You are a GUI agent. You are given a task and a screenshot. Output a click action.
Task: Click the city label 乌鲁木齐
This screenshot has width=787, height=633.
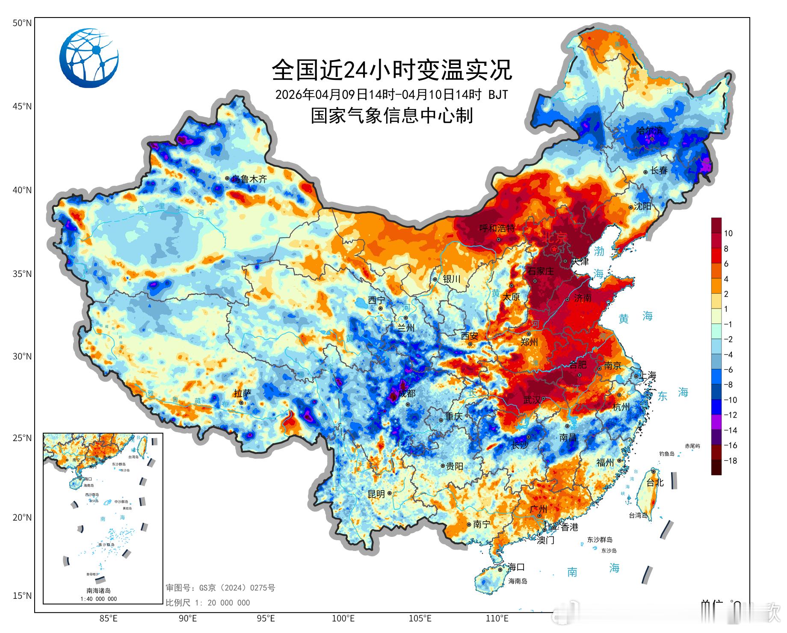tap(249, 179)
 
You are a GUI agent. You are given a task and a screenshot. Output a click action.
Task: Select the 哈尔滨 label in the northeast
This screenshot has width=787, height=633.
tap(649, 130)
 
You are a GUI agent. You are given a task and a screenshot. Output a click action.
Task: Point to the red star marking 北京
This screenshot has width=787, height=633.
tap(554, 249)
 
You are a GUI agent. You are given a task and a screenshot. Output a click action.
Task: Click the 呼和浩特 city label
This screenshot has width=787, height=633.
tap(497, 228)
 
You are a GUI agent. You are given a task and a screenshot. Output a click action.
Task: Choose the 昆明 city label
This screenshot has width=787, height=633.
tap(376, 494)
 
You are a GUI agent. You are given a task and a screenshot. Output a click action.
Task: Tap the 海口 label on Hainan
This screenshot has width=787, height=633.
tap(516, 567)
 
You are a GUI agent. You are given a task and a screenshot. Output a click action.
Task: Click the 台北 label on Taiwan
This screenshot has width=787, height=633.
tap(655, 483)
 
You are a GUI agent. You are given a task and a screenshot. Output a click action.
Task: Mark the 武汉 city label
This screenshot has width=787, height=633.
tap(532, 400)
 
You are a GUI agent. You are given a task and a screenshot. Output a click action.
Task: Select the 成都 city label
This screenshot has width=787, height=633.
tap(407, 394)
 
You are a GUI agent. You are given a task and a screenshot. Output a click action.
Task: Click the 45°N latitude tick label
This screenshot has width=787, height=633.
tap(22, 106)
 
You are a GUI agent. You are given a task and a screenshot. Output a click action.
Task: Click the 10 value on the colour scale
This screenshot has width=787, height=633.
tap(728, 233)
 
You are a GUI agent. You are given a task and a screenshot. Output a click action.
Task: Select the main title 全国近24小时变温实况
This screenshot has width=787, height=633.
tap(392, 70)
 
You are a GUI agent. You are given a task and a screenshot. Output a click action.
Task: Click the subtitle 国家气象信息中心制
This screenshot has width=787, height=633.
tap(392, 116)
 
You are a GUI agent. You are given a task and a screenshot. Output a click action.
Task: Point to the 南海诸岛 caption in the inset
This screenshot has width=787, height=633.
tap(99, 591)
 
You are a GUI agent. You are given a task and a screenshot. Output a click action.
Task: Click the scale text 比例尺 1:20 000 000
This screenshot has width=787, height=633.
tap(208, 603)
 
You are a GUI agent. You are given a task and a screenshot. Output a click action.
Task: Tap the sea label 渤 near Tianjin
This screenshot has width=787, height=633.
tap(599, 251)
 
